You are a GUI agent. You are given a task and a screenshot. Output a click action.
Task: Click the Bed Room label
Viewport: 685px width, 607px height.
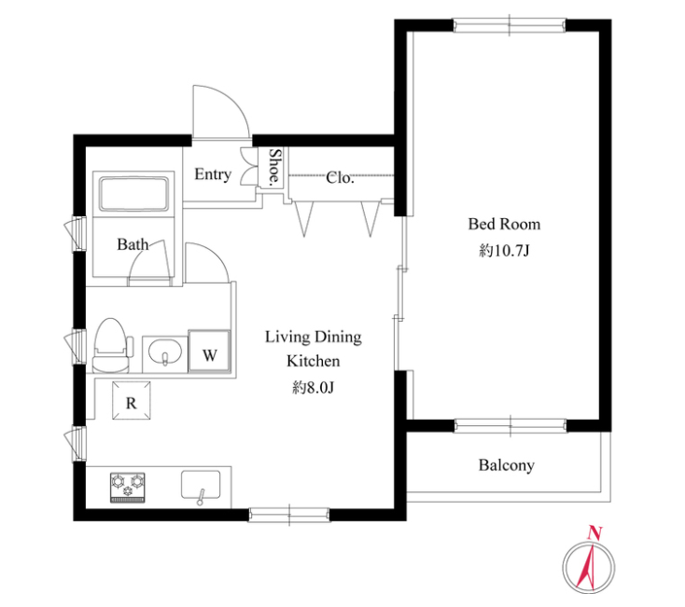click(504, 225)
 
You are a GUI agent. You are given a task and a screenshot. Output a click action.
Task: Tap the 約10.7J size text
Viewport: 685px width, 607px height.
click(504, 251)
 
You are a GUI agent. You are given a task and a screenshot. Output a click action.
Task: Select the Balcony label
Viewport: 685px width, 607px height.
click(507, 465)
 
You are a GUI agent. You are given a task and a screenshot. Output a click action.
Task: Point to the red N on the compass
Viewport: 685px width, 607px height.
click(594, 532)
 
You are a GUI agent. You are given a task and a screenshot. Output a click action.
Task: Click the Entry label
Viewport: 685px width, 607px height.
click(213, 174)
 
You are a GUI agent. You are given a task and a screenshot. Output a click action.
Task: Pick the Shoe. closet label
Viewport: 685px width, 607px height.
click(274, 166)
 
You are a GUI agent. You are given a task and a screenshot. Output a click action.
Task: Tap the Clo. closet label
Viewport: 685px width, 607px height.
click(340, 177)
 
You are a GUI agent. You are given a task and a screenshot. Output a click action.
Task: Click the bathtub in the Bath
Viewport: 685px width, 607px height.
click(133, 193)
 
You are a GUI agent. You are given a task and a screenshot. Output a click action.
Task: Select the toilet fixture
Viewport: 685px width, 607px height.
click(111, 346)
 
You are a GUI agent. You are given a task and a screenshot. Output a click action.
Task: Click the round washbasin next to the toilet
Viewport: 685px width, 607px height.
click(165, 352)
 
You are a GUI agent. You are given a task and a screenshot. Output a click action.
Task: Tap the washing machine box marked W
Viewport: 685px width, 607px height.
click(209, 352)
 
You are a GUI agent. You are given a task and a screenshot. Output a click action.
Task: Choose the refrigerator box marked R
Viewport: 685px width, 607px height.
click(132, 401)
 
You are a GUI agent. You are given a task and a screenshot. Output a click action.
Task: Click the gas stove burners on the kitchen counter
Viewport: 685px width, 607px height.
click(128, 488)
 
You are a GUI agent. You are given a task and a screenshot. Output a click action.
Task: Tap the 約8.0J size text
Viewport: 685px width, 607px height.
click(314, 388)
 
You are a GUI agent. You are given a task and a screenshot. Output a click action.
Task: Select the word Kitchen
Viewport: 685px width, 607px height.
click(314, 362)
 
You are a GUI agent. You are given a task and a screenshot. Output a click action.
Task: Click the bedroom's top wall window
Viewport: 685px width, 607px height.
click(510, 25)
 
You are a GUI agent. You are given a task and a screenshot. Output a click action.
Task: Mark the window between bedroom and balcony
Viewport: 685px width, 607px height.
click(510, 425)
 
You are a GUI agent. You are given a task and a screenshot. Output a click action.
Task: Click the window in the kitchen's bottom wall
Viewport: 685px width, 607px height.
click(289, 515)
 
